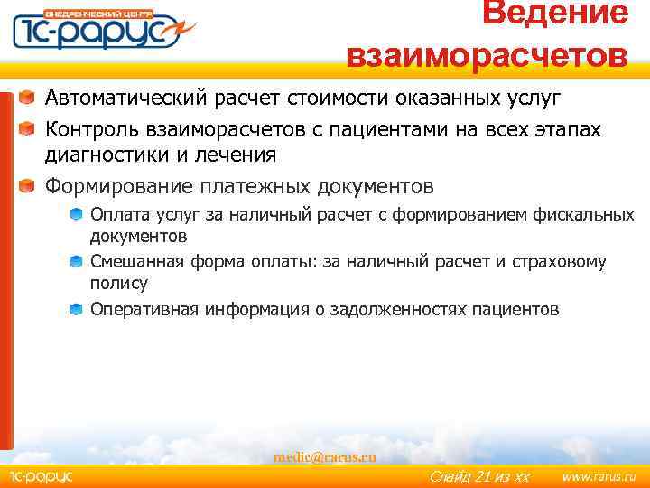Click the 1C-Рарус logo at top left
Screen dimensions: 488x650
(x=98, y=31)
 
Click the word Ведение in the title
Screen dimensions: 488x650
(x=554, y=14)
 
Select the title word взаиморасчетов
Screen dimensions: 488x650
(x=487, y=54)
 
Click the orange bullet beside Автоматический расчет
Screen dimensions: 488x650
(x=30, y=97)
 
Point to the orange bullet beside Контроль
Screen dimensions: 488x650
(x=30, y=128)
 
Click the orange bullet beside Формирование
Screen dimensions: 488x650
(x=30, y=187)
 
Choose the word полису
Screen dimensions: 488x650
(x=118, y=283)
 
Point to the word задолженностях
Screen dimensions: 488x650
(x=401, y=309)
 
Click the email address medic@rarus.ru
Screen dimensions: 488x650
(x=325, y=457)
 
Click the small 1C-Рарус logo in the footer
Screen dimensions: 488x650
(x=42, y=477)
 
